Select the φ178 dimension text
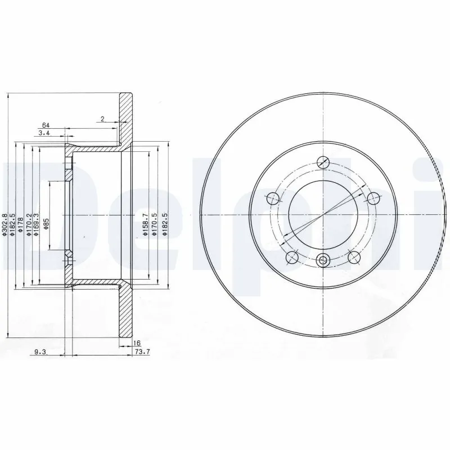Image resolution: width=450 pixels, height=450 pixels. [x=20, y=224]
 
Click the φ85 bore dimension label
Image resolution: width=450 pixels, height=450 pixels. [x=47, y=224]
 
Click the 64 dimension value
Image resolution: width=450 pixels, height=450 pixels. [x=46, y=125]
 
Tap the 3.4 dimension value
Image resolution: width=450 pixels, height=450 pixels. [x=44, y=133]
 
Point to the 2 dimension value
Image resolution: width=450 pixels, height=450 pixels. [x=102, y=119]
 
